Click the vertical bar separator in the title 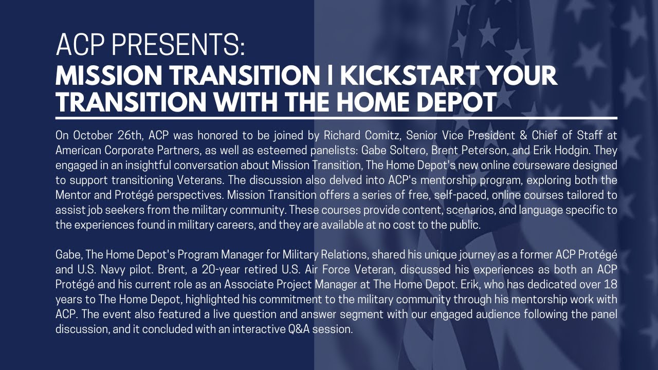tap(330, 76)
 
